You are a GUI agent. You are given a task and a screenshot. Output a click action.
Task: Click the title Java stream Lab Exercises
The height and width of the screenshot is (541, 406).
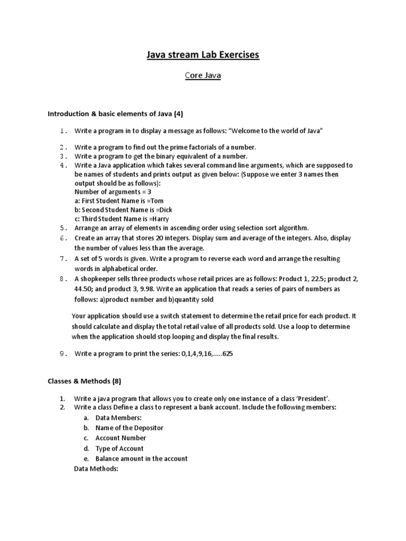point(203,54)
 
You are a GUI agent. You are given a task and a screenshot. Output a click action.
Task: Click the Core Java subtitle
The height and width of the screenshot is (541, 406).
point(203,76)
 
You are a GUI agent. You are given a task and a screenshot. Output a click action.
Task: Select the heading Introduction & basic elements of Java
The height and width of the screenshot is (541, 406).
point(115,114)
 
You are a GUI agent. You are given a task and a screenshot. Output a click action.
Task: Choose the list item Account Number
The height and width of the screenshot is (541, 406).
point(121,438)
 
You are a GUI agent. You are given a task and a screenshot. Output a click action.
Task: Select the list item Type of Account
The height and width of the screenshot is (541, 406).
point(119,449)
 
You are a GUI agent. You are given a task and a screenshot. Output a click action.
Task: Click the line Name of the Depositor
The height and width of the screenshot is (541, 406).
point(129,428)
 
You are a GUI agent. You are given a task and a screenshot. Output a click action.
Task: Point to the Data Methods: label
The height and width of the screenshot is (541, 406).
point(98,469)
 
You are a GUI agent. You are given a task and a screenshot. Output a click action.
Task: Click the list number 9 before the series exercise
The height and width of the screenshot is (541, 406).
point(62,354)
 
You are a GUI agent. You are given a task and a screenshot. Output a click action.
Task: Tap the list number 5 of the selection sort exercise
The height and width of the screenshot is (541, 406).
point(62,228)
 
